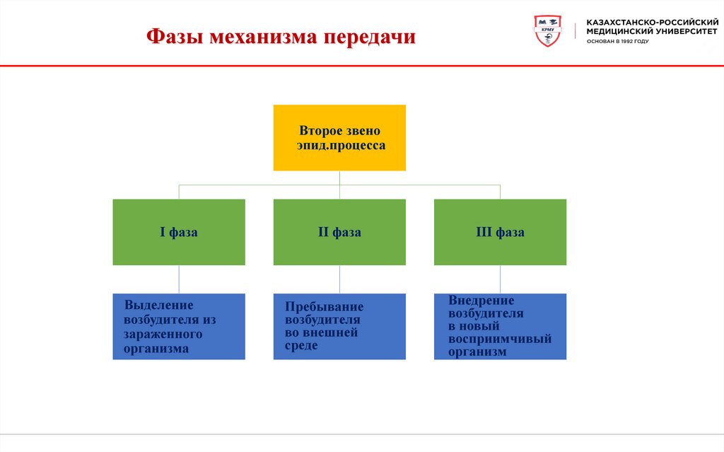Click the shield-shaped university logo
(548, 32)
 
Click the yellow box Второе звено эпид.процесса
(339, 137)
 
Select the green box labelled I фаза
(179, 232)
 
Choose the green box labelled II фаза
(339, 232)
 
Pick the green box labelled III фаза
(500, 232)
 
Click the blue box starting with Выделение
(179, 326)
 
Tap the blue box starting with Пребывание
(339, 326)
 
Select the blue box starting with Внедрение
(500, 326)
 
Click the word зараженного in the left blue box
(163, 334)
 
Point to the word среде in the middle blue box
(301, 346)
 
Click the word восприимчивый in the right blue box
(499, 339)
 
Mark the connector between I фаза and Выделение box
(179, 279)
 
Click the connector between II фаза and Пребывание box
(339, 279)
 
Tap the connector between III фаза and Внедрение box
(500, 279)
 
